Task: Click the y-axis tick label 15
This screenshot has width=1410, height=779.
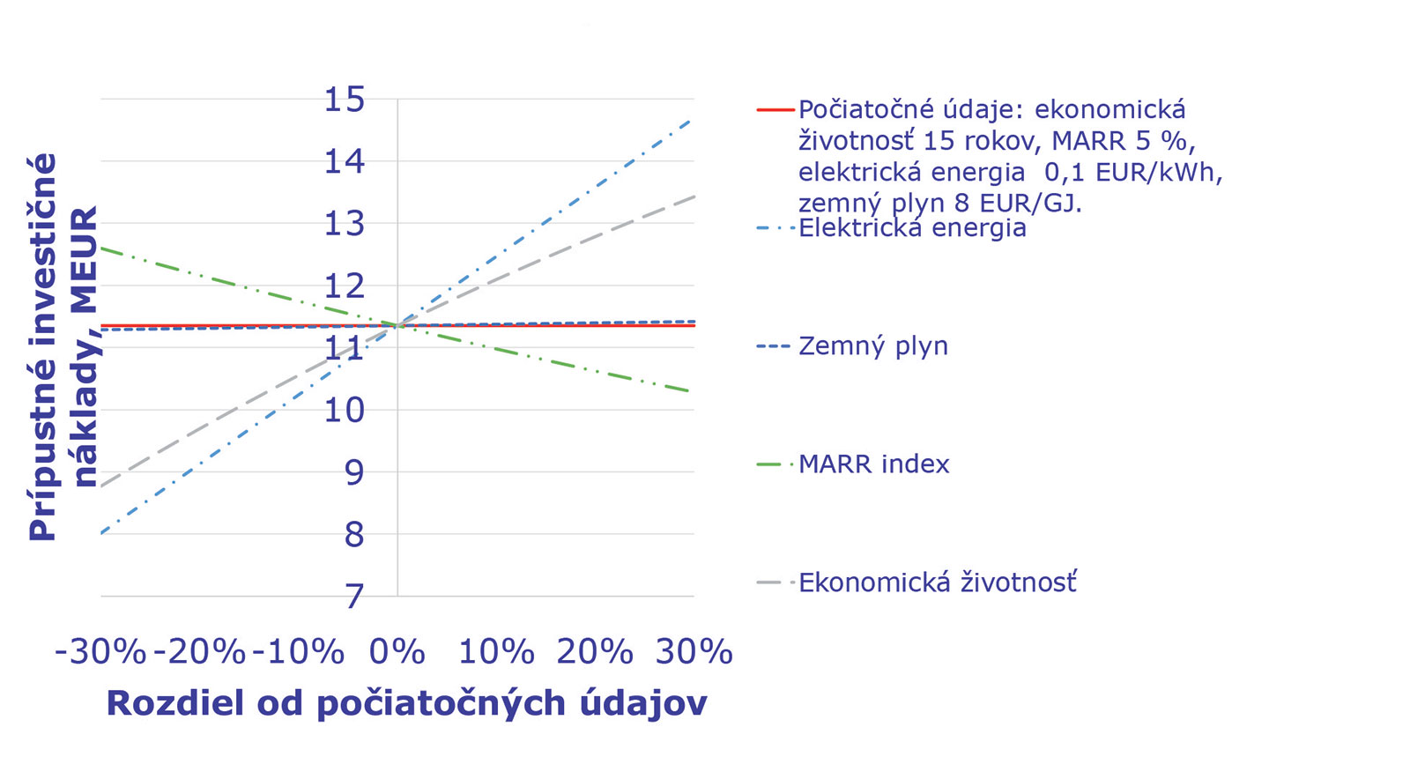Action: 344,100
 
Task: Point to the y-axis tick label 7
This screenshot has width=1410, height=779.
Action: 353,597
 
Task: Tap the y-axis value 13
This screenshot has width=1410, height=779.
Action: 344,224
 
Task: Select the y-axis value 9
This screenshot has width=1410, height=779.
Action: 353,472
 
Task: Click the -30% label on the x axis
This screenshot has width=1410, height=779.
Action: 100,652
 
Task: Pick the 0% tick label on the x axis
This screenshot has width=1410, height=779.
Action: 397,652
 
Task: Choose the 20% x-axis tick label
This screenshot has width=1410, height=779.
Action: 595,652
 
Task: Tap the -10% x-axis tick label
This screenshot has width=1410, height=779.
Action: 298,652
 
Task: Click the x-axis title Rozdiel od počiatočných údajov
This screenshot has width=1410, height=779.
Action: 406,703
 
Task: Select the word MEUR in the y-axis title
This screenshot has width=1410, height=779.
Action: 85,261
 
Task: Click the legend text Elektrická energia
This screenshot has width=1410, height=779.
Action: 912,228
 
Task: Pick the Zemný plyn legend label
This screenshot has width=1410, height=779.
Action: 873,346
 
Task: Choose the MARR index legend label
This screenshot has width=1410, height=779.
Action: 874,464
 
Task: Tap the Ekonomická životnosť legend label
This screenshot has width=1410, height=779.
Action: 938,582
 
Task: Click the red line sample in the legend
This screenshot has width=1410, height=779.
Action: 775,110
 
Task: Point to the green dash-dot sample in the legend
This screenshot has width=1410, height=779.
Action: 775,464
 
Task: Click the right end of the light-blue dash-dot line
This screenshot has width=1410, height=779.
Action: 692,119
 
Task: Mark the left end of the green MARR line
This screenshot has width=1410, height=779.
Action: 103,249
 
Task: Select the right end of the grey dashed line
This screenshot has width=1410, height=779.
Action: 694,197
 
